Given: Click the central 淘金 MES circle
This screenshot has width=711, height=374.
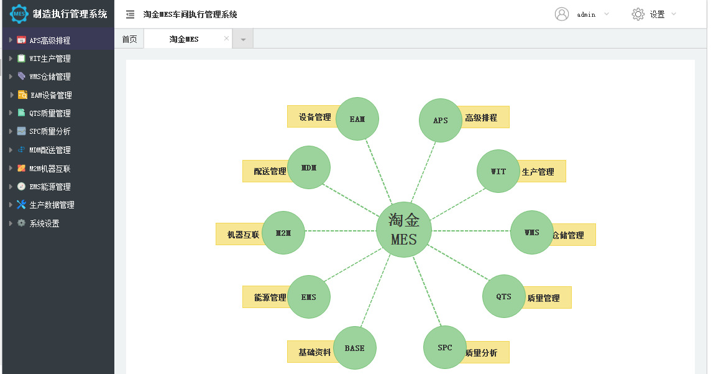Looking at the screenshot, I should (x=404, y=230).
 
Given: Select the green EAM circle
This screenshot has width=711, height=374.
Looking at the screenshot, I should (x=357, y=118).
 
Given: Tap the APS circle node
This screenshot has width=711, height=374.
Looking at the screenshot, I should (x=440, y=121).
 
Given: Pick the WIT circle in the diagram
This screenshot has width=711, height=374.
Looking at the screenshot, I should (x=498, y=171).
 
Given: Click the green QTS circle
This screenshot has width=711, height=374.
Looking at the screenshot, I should (x=503, y=296).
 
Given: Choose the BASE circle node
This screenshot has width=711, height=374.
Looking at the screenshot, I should (x=355, y=348).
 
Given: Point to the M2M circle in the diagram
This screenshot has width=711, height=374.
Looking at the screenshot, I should (x=283, y=233).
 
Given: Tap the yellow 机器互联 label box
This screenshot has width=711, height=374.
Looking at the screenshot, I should (x=240, y=235).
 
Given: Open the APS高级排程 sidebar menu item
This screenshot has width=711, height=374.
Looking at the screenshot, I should (x=50, y=40).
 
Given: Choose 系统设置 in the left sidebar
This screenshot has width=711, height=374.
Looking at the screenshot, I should (x=44, y=223).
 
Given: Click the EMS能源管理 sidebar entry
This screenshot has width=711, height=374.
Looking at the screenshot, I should (x=50, y=187).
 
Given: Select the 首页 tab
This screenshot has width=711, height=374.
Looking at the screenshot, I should (x=129, y=39).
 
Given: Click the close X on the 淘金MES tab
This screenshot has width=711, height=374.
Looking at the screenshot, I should (x=226, y=39).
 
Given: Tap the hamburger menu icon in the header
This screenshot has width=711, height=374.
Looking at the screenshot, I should (x=130, y=14).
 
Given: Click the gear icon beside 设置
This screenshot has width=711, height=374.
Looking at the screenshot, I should (x=638, y=14).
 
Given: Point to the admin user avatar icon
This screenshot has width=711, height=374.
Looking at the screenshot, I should (x=562, y=14).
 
